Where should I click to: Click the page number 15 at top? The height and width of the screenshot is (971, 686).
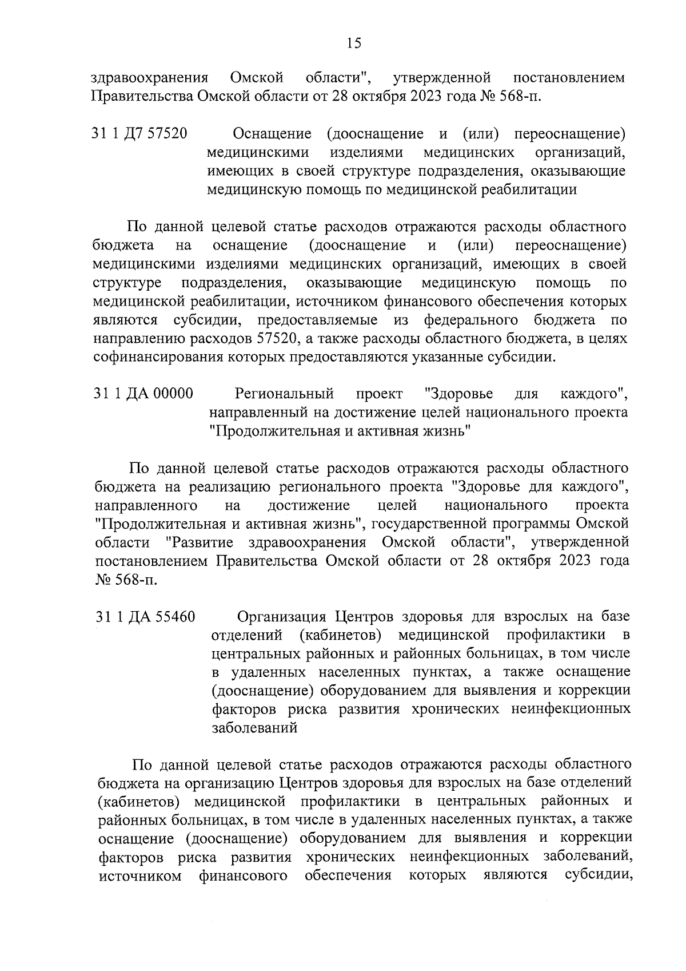point(354,43)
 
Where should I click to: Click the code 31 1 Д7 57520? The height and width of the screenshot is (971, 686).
point(140,134)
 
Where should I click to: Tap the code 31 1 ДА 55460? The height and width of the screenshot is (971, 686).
point(145,617)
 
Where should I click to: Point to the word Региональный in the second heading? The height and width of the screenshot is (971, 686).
point(284,394)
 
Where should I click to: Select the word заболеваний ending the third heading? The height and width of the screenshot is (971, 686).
point(254,728)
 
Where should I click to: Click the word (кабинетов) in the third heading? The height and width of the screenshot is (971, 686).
point(340,636)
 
